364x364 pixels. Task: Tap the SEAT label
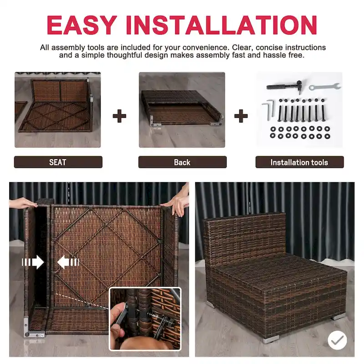tap(58, 162)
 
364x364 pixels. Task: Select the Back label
tap(182, 162)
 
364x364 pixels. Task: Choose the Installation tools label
tap(299, 162)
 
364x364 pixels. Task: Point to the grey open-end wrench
tap(324, 86)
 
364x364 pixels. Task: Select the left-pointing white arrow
tap(68, 262)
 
